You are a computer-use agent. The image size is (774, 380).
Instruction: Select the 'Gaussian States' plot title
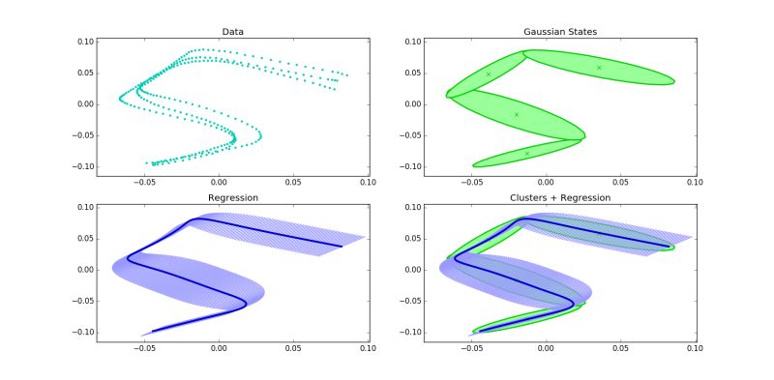(546, 32)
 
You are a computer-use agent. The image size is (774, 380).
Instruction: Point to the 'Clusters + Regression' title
(546, 197)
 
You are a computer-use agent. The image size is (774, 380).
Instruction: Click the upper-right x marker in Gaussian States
(599, 67)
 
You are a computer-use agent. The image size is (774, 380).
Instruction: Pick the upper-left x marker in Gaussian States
(489, 73)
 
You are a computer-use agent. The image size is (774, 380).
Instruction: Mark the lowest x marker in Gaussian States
(527, 153)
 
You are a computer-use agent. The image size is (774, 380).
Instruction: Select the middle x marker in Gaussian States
(517, 114)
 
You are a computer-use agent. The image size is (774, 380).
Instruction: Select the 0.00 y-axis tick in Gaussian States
(387, 104)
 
